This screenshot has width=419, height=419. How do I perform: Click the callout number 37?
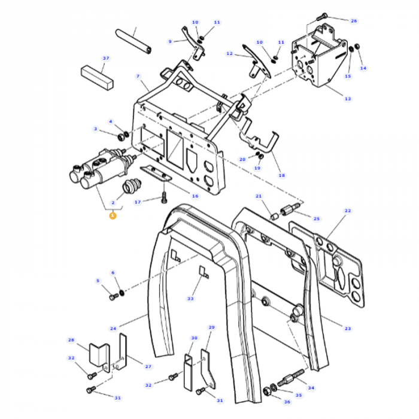click(x=106, y=58)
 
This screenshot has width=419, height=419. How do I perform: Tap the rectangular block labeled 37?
click(x=97, y=75)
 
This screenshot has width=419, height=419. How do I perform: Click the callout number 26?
click(x=354, y=21)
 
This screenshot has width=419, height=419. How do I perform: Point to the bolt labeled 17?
click(x=163, y=198)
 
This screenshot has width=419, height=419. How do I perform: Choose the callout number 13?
click(x=348, y=99)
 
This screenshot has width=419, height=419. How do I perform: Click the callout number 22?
click(x=348, y=211)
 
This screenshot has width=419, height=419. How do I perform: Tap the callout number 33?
click(x=190, y=298)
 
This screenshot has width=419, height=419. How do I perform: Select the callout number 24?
click(x=113, y=329)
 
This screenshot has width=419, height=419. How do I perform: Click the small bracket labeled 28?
click(x=97, y=354)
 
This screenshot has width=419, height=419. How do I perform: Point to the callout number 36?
click(x=287, y=402)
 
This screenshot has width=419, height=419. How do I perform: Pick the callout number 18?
click(x=281, y=175)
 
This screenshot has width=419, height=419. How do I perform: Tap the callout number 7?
click(x=138, y=77)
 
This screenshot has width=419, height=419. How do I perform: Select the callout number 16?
click(x=195, y=196)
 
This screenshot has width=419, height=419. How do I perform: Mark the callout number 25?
click(x=317, y=218)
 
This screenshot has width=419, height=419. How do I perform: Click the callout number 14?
click(x=363, y=68)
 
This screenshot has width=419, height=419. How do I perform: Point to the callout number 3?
click(x=95, y=129)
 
